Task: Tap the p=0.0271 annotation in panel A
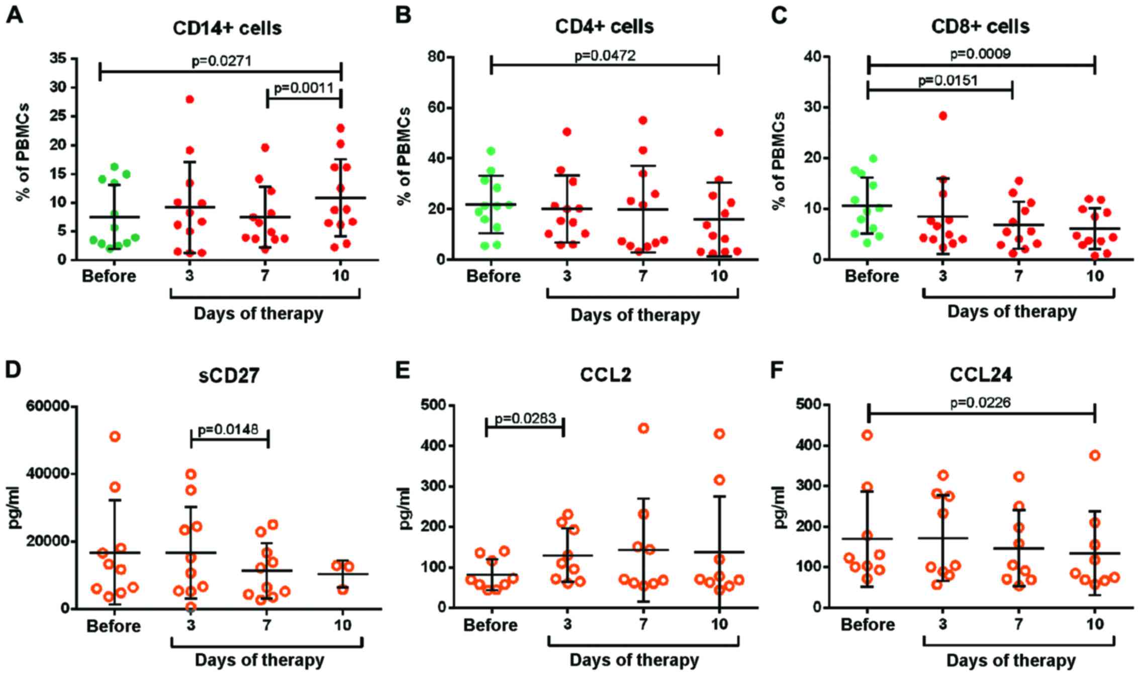point(222,61)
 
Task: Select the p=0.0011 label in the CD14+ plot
point(304,89)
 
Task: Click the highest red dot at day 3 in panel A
point(189,99)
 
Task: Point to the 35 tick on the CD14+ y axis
point(59,59)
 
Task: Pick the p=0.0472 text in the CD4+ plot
point(605,55)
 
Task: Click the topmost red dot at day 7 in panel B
point(643,120)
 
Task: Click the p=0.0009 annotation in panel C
point(981,54)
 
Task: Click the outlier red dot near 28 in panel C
point(943,116)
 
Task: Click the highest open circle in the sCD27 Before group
point(115,436)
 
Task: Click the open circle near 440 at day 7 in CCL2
point(643,428)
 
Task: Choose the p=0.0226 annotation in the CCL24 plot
point(981,402)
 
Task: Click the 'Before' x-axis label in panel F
point(868,625)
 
